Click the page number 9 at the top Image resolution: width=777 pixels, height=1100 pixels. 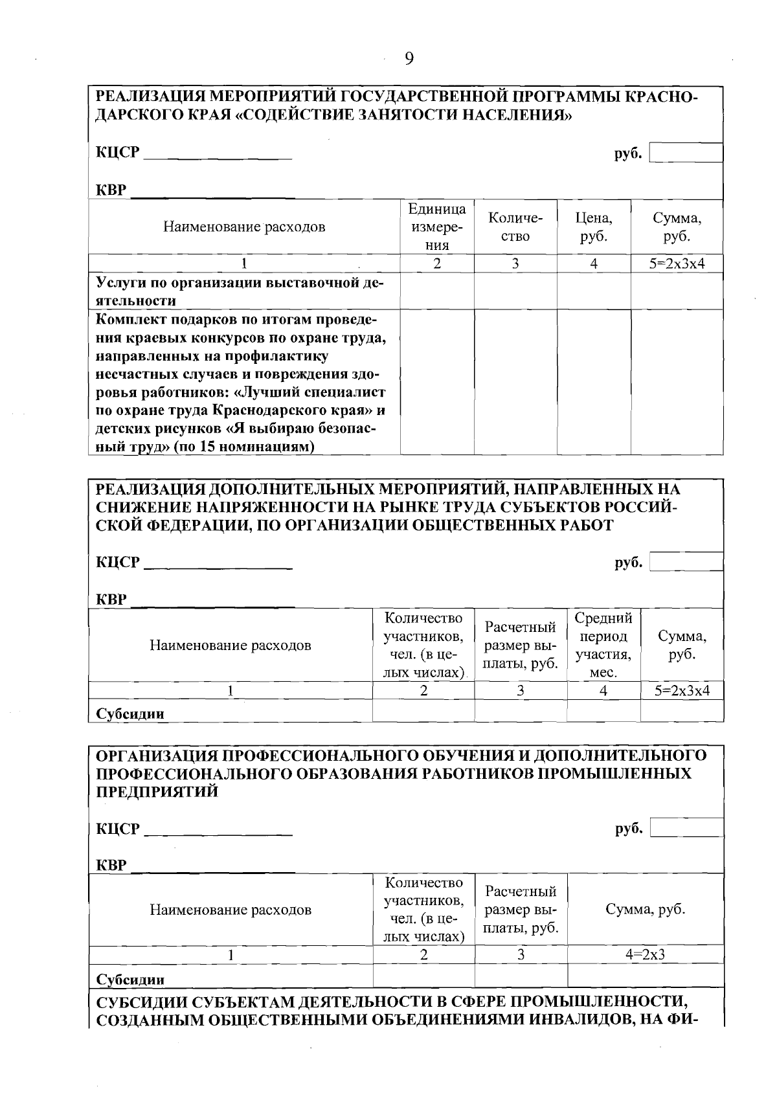[x=409, y=59]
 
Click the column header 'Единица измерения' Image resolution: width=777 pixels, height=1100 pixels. [x=437, y=227]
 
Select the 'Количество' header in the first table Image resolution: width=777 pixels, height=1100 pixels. [x=515, y=227]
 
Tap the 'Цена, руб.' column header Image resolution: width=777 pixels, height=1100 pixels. [x=594, y=227]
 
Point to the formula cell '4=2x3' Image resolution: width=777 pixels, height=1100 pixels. [x=645, y=954]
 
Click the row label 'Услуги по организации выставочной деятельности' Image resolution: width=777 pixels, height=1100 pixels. [x=240, y=291]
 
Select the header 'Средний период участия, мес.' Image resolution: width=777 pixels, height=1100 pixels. [x=603, y=645]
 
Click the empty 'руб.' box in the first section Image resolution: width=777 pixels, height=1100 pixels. [x=686, y=153]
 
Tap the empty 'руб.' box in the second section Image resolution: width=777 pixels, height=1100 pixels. [x=686, y=562]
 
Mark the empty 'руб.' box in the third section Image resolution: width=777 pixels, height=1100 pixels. [x=686, y=827]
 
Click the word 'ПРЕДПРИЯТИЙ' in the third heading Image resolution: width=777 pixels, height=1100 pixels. [x=157, y=792]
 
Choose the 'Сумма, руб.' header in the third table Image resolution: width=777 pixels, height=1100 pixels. [x=645, y=909]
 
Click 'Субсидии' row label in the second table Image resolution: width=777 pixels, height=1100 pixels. [x=130, y=714]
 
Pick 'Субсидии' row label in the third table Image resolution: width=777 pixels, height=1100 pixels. [x=130, y=980]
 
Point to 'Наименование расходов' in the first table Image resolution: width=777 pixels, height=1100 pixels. [x=244, y=227]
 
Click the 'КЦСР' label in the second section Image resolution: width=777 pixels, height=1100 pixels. [x=118, y=563]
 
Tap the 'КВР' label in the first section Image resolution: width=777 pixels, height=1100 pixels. [x=111, y=191]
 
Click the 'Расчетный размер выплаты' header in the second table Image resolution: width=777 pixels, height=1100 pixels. [x=521, y=645]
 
